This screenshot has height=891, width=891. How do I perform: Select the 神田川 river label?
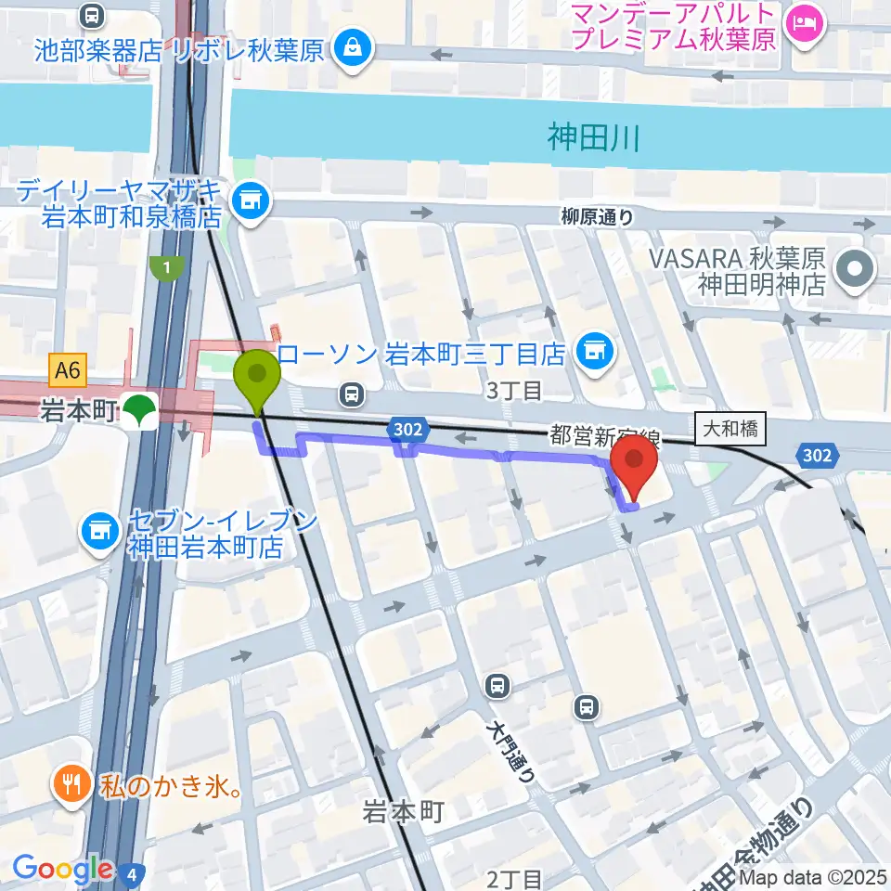click(594, 140)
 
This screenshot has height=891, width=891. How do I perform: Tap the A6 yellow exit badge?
click(68, 371)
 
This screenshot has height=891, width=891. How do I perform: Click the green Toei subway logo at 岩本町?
click(140, 411)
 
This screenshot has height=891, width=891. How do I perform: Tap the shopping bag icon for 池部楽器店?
click(353, 46)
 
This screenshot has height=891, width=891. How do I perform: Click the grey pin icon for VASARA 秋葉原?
click(855, 270)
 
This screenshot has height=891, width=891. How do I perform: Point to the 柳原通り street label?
click(598, 217)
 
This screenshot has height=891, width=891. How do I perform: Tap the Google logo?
click(63, 869)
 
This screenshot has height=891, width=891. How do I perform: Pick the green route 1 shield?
click(164, 267)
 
